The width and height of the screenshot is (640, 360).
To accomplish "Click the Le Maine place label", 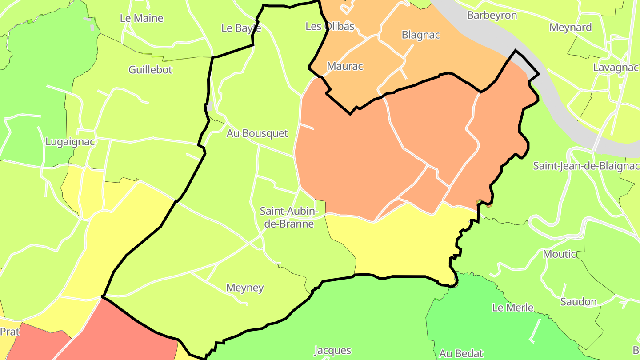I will pyautogui.click(x=141, y=18).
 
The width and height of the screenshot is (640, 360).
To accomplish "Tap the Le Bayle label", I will pyautogui.click(x=241, y=28).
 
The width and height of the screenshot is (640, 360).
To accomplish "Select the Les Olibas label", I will pyautogui.click(x=330, y=26).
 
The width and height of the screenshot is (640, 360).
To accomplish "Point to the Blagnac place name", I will pyautogui.click(x=420, y=35).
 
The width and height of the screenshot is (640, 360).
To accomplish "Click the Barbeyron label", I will pyautogui.click(x=492, y=15).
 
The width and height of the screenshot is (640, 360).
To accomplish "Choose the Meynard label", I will pyautogui.click(x=570, y=27).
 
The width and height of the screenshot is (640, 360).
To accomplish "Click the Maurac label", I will pyautogui.click(x=345, y=66).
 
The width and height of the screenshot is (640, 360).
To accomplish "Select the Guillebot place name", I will pyautogui.click(x=150, y=70).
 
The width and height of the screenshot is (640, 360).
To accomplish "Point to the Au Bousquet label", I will pyautogui.click(x=257, y=133).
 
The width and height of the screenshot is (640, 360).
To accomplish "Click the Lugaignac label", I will pyautogui.click(x=70, y=142).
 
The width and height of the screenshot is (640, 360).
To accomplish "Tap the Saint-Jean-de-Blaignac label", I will pyautogui.click(x=586, y=166).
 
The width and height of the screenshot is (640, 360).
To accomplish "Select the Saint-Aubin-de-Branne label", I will pyautogui.click(x=289, y=217).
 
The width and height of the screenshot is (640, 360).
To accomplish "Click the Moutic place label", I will pyautogui.click(x=559, y=254).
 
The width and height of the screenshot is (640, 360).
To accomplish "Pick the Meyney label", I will pyautogui.click(x=245, y=288).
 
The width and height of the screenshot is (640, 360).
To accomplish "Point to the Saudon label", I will pyautogui.click(x=578, y=302).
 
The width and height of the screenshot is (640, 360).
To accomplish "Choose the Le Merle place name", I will pyautogui.click(x=512, y=308).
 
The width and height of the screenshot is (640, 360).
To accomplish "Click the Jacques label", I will pyautogui.click(x=332, y=351).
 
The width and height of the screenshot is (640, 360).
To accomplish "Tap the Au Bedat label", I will pyautogui.click(x=461, y=354).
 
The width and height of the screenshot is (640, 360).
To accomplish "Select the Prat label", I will pyautogui.click(x=10, y=332).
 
